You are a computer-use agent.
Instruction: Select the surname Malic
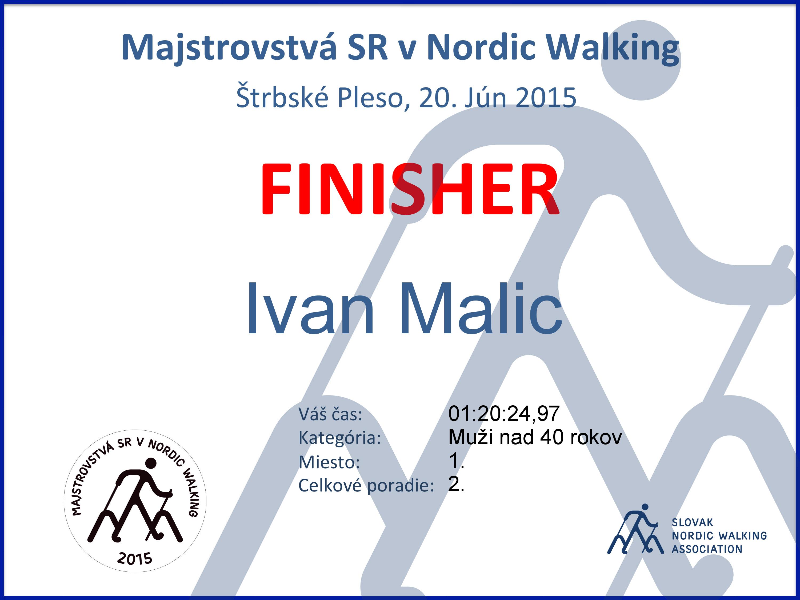point(481,308)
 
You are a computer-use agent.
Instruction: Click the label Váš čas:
point(330,414)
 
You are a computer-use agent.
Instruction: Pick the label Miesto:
point(329,462)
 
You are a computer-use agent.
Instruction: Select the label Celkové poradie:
point(366,485)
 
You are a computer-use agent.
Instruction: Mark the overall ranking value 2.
point(456,484)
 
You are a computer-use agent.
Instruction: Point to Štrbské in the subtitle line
point(282,97)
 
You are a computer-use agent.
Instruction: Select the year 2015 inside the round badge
point(135,558)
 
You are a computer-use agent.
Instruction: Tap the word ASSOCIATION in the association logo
point(707,549)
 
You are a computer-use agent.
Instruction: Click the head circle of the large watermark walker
point(641,60)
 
